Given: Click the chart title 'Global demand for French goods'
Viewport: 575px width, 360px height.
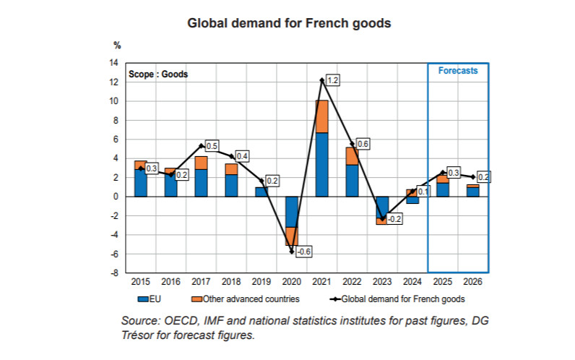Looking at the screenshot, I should click(x=289, y=23).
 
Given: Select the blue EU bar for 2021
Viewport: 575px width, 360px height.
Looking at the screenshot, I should click(x=322, y=164).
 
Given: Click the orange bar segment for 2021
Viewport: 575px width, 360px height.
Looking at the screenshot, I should click(x=322, y=116).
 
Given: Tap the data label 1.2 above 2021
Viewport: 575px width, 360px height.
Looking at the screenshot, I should click(x=332, y=81).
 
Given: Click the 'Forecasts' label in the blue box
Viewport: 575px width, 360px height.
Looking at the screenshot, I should click(x=458, y=71).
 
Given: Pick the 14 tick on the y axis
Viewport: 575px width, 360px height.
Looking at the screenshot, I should click(x=114, y=63).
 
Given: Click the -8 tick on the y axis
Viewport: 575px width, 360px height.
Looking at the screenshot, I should click(x=114, y=273).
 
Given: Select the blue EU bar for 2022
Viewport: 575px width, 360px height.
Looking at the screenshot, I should click(x=353, y=180).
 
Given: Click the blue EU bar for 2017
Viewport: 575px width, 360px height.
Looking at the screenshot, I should click(x=202, y=182).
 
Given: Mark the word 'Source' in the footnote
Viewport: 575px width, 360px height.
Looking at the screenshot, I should click(x=142, y=320).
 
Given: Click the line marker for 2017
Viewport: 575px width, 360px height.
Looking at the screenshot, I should click(x=202, y=145).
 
